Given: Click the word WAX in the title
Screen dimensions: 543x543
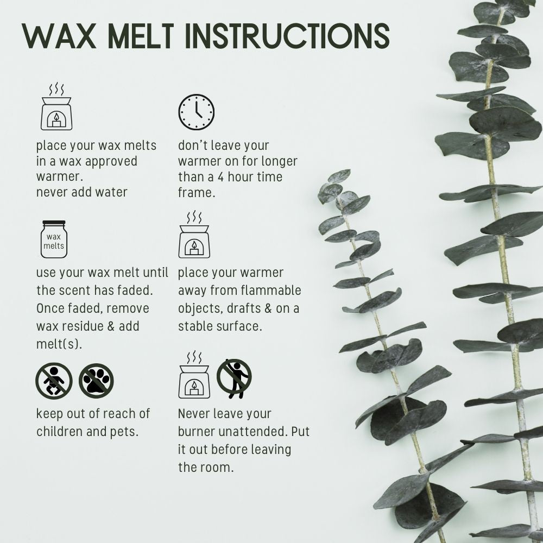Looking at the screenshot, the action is [x=59, y=36].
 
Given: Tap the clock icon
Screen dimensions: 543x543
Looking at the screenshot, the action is [x=197, y=112].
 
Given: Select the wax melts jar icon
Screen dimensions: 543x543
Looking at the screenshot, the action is [x=54, y=239].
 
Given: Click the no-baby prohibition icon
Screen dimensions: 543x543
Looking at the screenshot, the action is [x=54, y=381].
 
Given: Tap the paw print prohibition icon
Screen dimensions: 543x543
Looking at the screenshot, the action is [x=96, y=381].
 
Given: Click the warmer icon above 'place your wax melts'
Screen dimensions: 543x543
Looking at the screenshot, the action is [x=56, y=106].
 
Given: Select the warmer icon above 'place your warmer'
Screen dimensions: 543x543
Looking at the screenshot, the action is [x=194, y=234].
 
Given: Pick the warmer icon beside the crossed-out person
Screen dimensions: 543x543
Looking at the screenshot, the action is [x=194, y=374].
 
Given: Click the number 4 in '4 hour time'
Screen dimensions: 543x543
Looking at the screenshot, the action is [x=221, y=177].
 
